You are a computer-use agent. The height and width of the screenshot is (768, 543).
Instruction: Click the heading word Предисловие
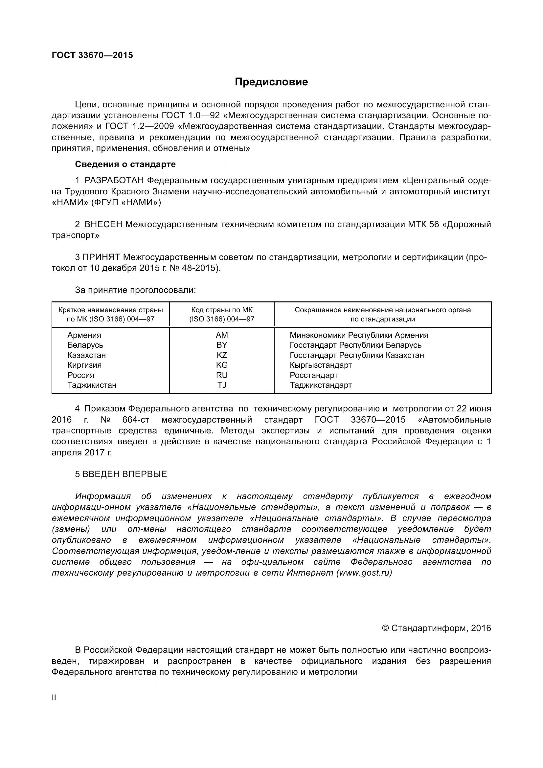(271, 82)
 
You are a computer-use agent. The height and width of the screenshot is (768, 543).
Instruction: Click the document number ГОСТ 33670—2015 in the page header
(92, 55)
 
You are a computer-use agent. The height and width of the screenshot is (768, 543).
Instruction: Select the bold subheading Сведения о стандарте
(125, 164)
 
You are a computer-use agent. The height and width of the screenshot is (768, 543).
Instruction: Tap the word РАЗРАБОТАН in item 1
(114, 181)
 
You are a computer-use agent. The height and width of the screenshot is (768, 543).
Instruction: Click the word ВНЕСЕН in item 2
(103, 225)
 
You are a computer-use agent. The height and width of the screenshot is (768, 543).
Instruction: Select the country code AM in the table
(221, 335)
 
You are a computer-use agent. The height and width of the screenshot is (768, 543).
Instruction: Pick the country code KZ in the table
(221, 355)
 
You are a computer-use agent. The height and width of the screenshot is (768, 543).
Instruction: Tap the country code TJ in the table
(221, 385)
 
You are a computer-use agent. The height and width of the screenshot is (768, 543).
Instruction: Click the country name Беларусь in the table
(85, 345)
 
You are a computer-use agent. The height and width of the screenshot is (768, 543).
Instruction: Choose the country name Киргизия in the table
(84, 365)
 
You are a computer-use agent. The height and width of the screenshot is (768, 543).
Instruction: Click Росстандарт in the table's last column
(313, 375)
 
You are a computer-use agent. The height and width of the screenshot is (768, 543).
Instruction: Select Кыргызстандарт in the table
(321, 365)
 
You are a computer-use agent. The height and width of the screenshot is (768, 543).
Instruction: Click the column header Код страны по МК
(221, 310)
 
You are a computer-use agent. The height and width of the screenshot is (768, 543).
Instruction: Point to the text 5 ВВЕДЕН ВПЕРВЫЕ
(121, 474)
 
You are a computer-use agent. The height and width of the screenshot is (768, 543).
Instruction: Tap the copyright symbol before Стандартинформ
(385, 628)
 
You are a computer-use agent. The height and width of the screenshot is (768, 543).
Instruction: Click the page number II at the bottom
(54, 698)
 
